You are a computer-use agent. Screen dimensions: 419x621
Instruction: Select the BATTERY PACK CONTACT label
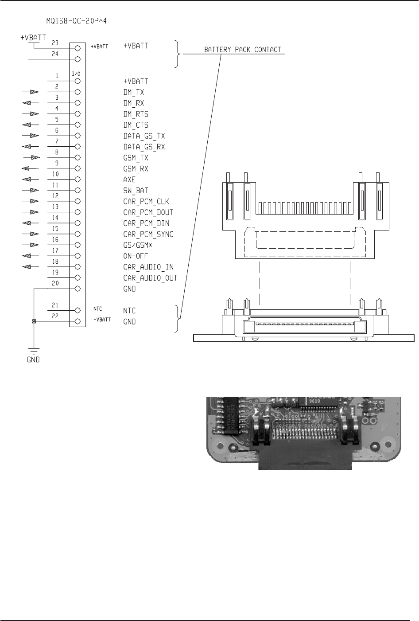[242, 49]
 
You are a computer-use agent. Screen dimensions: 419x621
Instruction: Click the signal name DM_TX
[133, 92]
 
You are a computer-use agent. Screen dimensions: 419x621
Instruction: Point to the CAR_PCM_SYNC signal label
[148, 234]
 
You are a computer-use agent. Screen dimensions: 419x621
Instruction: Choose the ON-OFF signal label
[135, 256]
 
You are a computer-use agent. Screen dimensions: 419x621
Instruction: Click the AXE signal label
[129, 180]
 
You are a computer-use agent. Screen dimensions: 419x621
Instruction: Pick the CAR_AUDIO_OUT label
[150, 278]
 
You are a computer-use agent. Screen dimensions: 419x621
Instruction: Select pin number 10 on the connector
[56, 174]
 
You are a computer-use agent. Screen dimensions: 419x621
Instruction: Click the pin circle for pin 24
[78, 59]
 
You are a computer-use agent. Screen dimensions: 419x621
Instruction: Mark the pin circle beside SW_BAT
[78, 191]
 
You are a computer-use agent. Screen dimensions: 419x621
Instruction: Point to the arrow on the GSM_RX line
[27, 168]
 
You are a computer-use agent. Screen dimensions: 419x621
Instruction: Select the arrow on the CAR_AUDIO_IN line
[27, 267]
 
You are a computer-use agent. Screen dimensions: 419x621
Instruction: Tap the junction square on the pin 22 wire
[34, 321]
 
